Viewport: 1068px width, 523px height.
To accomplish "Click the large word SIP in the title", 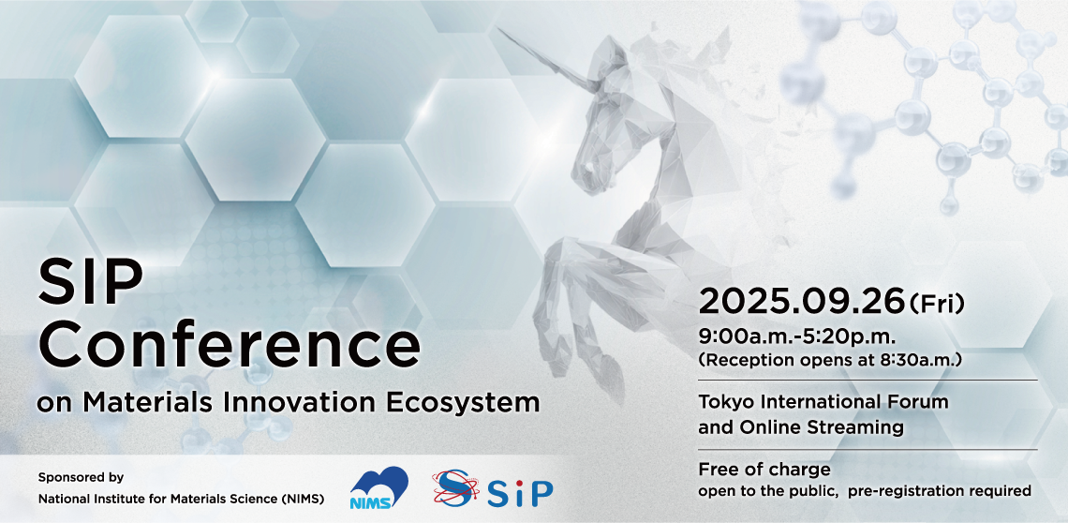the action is point(91,282).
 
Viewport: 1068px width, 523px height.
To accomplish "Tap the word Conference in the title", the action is point(229,347).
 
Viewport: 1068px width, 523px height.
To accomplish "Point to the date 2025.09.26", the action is point(801,302).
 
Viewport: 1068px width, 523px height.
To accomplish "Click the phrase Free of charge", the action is point(764,470).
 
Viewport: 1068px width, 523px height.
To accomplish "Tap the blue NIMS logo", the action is point(378,487).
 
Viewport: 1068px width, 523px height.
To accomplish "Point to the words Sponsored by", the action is point(82,477).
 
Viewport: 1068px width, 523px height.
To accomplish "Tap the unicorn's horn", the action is point(541,59).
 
